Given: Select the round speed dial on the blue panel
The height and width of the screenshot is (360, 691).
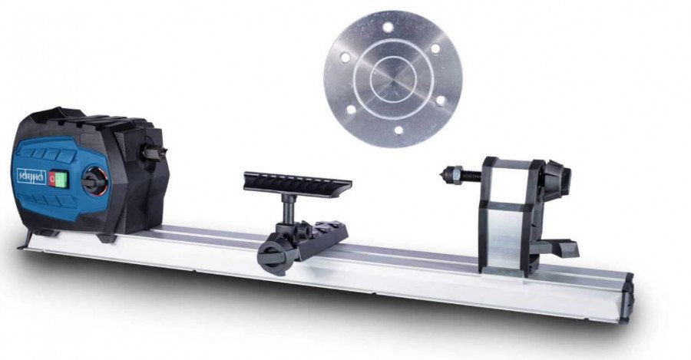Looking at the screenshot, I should tap(94, 183).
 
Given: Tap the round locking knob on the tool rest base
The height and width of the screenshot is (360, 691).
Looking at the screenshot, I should tap(272, 254).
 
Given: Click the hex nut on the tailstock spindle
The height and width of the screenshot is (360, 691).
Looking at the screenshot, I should tap(456, 174).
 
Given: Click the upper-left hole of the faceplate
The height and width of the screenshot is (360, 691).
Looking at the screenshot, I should tap(345, 58).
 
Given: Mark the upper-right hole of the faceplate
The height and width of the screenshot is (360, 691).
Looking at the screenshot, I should tap(435, 48).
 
